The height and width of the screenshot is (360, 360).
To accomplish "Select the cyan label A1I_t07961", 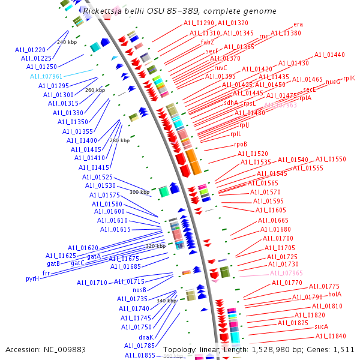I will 46,76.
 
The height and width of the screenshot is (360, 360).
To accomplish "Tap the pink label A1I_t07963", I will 280,105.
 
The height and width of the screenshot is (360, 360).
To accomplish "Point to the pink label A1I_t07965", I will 286,273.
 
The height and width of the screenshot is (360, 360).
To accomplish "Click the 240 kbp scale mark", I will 67,43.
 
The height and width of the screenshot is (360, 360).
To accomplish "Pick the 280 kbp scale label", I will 119,140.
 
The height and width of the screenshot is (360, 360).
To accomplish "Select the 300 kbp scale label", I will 139,192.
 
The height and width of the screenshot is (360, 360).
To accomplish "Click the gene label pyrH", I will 32,278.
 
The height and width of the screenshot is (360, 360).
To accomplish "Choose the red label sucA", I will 321,327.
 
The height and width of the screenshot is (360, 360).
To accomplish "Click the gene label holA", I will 335,294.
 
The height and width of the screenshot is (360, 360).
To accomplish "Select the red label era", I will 298,25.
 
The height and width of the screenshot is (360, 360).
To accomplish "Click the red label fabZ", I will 208,42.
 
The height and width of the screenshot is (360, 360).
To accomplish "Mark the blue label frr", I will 46,272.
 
